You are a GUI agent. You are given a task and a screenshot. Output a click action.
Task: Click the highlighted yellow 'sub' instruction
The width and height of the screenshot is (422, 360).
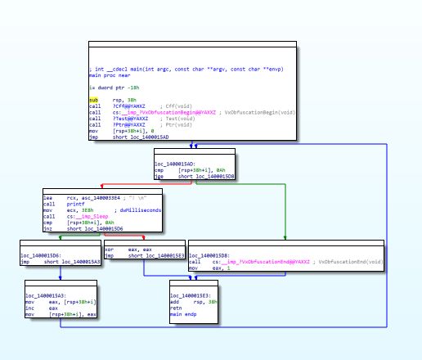[94, 100]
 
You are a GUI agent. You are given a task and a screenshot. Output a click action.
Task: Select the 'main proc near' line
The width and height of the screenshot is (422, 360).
[109, 74]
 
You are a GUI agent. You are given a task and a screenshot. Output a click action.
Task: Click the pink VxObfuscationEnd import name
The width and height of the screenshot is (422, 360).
[260, 261]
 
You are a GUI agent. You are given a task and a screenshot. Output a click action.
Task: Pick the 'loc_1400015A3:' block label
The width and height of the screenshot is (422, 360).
[44, 295]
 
